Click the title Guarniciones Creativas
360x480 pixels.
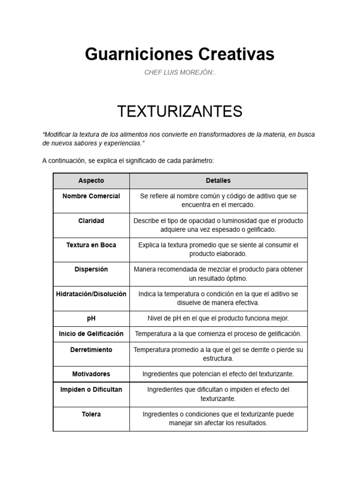180,54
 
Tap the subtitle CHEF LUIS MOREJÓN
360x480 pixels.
180,73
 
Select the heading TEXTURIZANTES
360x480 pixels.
180,112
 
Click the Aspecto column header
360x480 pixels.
91,180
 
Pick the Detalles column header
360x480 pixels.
218,180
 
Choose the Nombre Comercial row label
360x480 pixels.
91,196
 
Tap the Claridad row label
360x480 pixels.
91,220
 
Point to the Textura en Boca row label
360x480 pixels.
91,245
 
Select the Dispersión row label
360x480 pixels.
91,269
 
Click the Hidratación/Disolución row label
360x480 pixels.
91,294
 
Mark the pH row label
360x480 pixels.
91,318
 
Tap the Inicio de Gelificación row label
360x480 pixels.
91,334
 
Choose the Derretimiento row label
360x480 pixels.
91,350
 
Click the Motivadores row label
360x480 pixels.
91,374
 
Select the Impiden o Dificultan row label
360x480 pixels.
91,390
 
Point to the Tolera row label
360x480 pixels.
91,414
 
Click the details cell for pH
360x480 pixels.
218,318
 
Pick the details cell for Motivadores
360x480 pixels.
218,374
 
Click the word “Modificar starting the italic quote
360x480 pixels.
57,135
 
